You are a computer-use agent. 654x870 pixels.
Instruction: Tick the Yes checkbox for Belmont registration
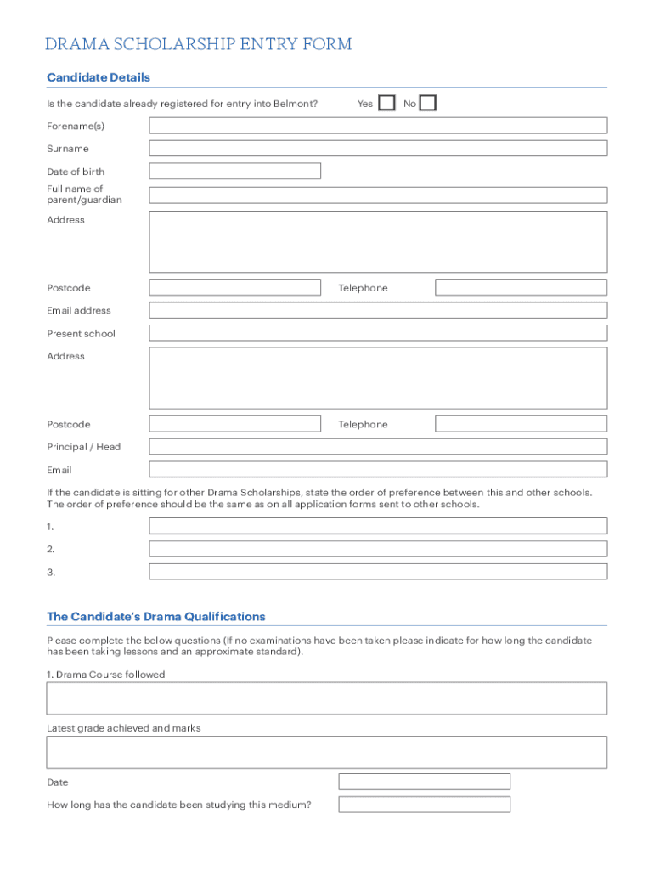pos(386,104)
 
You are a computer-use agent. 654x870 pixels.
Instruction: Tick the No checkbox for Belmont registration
pos(428,104)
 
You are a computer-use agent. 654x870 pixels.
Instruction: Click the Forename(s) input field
pos(378,126)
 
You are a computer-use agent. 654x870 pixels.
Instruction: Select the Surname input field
pos(378,149)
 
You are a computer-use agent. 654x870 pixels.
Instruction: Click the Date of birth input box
pos(235,171)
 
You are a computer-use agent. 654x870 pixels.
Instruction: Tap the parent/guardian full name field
pos(378,195)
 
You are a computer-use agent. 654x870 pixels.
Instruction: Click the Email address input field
pos(378,310)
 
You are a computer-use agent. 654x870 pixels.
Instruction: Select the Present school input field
pos(378,333)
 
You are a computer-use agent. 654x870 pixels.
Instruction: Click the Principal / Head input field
pos(378,447)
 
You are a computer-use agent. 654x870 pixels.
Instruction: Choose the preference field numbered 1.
pos(378,526)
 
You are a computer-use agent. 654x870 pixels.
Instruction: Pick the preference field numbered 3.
pos(378,572)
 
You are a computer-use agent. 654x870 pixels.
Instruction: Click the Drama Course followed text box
pos(327,698)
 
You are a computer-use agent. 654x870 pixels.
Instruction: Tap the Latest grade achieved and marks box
pos(327,752)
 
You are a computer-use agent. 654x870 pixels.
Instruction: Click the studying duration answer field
pos(424,805)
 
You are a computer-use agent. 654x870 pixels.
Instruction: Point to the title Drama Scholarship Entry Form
pos(199,44)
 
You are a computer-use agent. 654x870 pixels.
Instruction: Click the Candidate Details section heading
pos(99,77)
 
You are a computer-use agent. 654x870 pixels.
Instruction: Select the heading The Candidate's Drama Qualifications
pos(156,617)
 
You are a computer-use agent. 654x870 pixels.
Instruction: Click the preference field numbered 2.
pos(378,549)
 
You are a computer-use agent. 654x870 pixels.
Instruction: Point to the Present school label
pos(81,334)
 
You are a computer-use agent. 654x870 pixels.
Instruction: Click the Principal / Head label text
pos(83,447)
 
